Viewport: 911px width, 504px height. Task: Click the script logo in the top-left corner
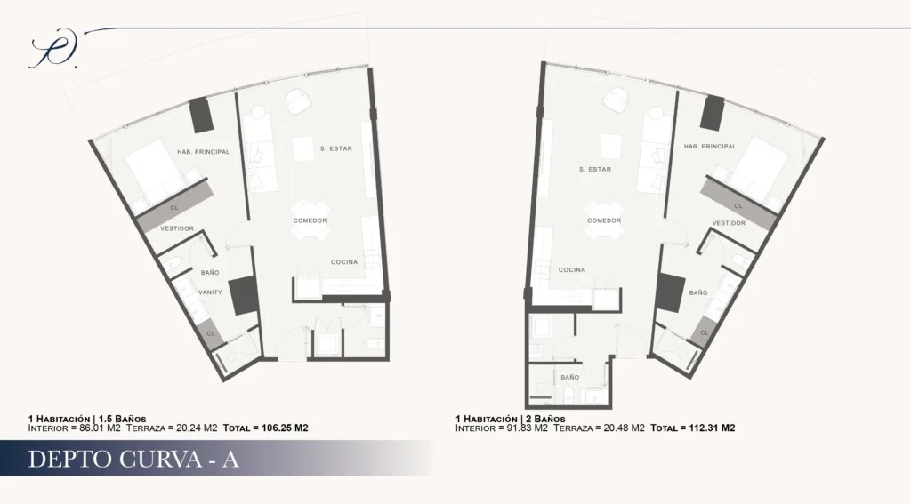pos(53,49)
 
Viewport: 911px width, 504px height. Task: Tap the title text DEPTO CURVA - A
pos(133,459)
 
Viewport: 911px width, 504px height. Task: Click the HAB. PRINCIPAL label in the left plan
pos(204,152)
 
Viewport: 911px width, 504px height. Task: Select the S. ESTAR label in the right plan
pos(595,170)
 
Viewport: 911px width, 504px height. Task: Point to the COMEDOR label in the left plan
pos(310,220)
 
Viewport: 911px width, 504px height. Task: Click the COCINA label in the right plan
pos(572,270)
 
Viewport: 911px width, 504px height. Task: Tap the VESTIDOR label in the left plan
pos(177,228)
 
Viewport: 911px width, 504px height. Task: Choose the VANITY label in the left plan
pos(210,292)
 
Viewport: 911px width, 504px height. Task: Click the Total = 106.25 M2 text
pos(265,428)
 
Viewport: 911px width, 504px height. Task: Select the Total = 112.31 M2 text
pos(692,428)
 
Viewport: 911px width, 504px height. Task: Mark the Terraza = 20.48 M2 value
pos(599,428)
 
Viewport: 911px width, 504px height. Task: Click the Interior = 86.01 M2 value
pos(75,428)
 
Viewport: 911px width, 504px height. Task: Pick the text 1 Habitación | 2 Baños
pos(510,419)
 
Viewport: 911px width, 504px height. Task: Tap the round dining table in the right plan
pos(604,220)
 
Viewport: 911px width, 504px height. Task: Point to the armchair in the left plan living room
pos(298,101)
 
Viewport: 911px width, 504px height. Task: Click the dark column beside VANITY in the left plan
pos(243,296)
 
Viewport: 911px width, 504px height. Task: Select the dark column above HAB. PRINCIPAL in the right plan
pos(713,113)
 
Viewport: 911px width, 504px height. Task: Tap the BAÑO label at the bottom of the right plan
pos(570,378)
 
